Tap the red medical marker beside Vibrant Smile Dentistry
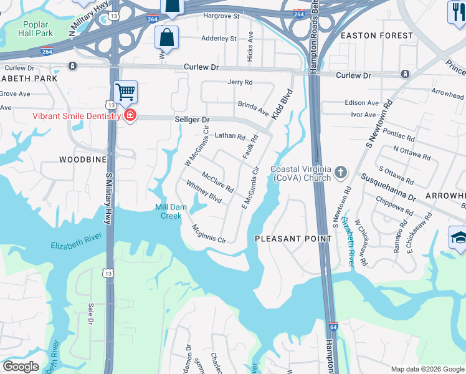(x=130, y=116)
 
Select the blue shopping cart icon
(x=125, y=93)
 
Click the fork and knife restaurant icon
(x=457, y=11)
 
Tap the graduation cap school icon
(x=458, y=237)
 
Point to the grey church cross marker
(x=341, y=172)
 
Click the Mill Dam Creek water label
(x=168, y=211)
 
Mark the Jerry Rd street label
(x=240, y=82)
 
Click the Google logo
(x=20, y=367)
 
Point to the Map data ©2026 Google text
(x=427, y=369)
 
